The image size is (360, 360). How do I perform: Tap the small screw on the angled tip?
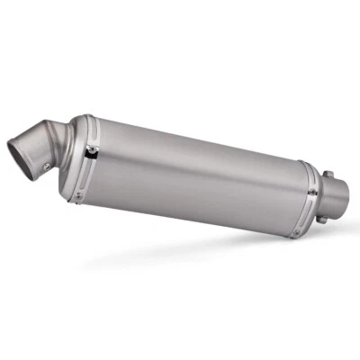click(43, 165)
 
